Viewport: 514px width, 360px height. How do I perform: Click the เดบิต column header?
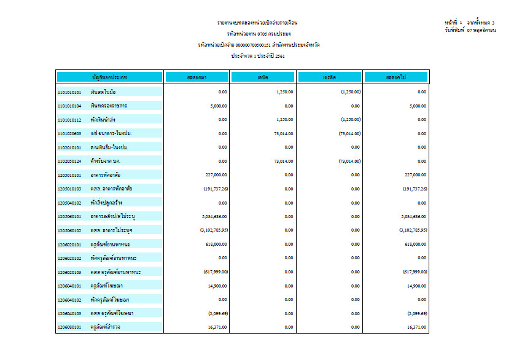coord(263,77)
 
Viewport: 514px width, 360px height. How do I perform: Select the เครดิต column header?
coord(330,77)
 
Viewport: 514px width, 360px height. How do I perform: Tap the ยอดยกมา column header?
coord(197,77)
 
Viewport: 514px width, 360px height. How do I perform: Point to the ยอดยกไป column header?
coord(396,77)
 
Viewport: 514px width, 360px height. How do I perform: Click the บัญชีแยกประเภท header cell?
coord(109,77)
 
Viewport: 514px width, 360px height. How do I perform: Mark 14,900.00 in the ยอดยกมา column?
coord(218,286)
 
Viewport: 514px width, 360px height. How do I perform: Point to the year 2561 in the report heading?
coord(279,56)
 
